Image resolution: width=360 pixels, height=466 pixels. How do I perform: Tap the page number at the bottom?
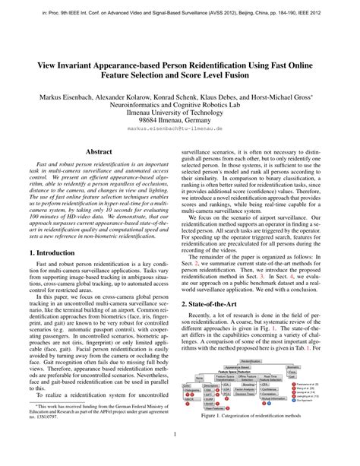[179, 455]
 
